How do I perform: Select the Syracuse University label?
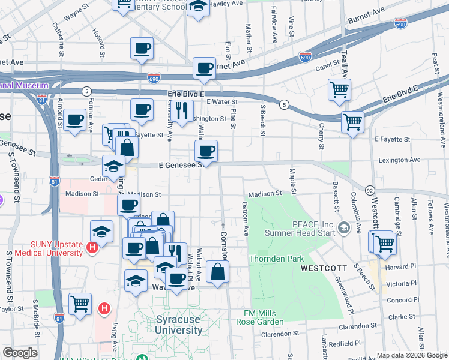[x=179, y=325]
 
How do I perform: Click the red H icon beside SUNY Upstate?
[x=92, y=247]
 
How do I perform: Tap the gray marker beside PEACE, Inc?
[x=343, y=227]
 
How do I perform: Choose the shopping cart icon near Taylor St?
[x=80, y=304]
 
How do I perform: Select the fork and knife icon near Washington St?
[x=182, y=110]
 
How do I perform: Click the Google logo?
[x=20, y=353]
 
